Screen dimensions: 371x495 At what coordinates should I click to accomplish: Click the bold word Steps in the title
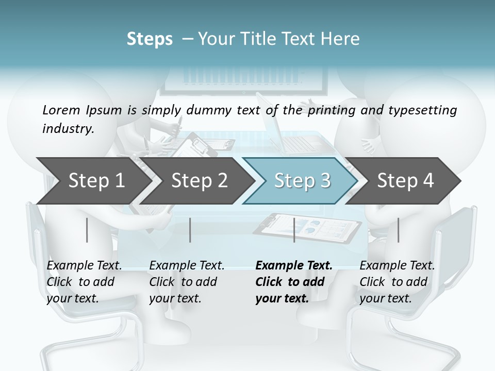(x=150, y=39)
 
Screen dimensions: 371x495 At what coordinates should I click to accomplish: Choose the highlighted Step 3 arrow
(x=302, y=180)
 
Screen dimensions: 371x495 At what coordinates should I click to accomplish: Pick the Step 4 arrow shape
(x=405, y=180)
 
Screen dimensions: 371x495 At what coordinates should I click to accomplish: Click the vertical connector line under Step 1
(x=87, y=230)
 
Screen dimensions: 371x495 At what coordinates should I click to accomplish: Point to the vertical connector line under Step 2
(x=190, y=230)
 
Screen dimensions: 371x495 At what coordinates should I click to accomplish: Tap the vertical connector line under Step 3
(x=294, y=230)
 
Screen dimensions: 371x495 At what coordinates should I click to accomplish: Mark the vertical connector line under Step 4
(x=398, y=230)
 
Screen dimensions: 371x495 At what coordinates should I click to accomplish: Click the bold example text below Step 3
(x=294, y=282)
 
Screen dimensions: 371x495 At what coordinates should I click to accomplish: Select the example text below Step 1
(x=84, y=282)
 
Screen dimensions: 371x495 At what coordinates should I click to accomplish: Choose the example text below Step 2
(x=187, y=282)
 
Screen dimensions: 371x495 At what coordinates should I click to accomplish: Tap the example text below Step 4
(x=397, y=282)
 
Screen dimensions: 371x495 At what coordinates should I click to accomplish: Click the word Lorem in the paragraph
(x=61, y=110)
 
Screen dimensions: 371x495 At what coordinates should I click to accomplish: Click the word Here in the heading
(x=342, y=39)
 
